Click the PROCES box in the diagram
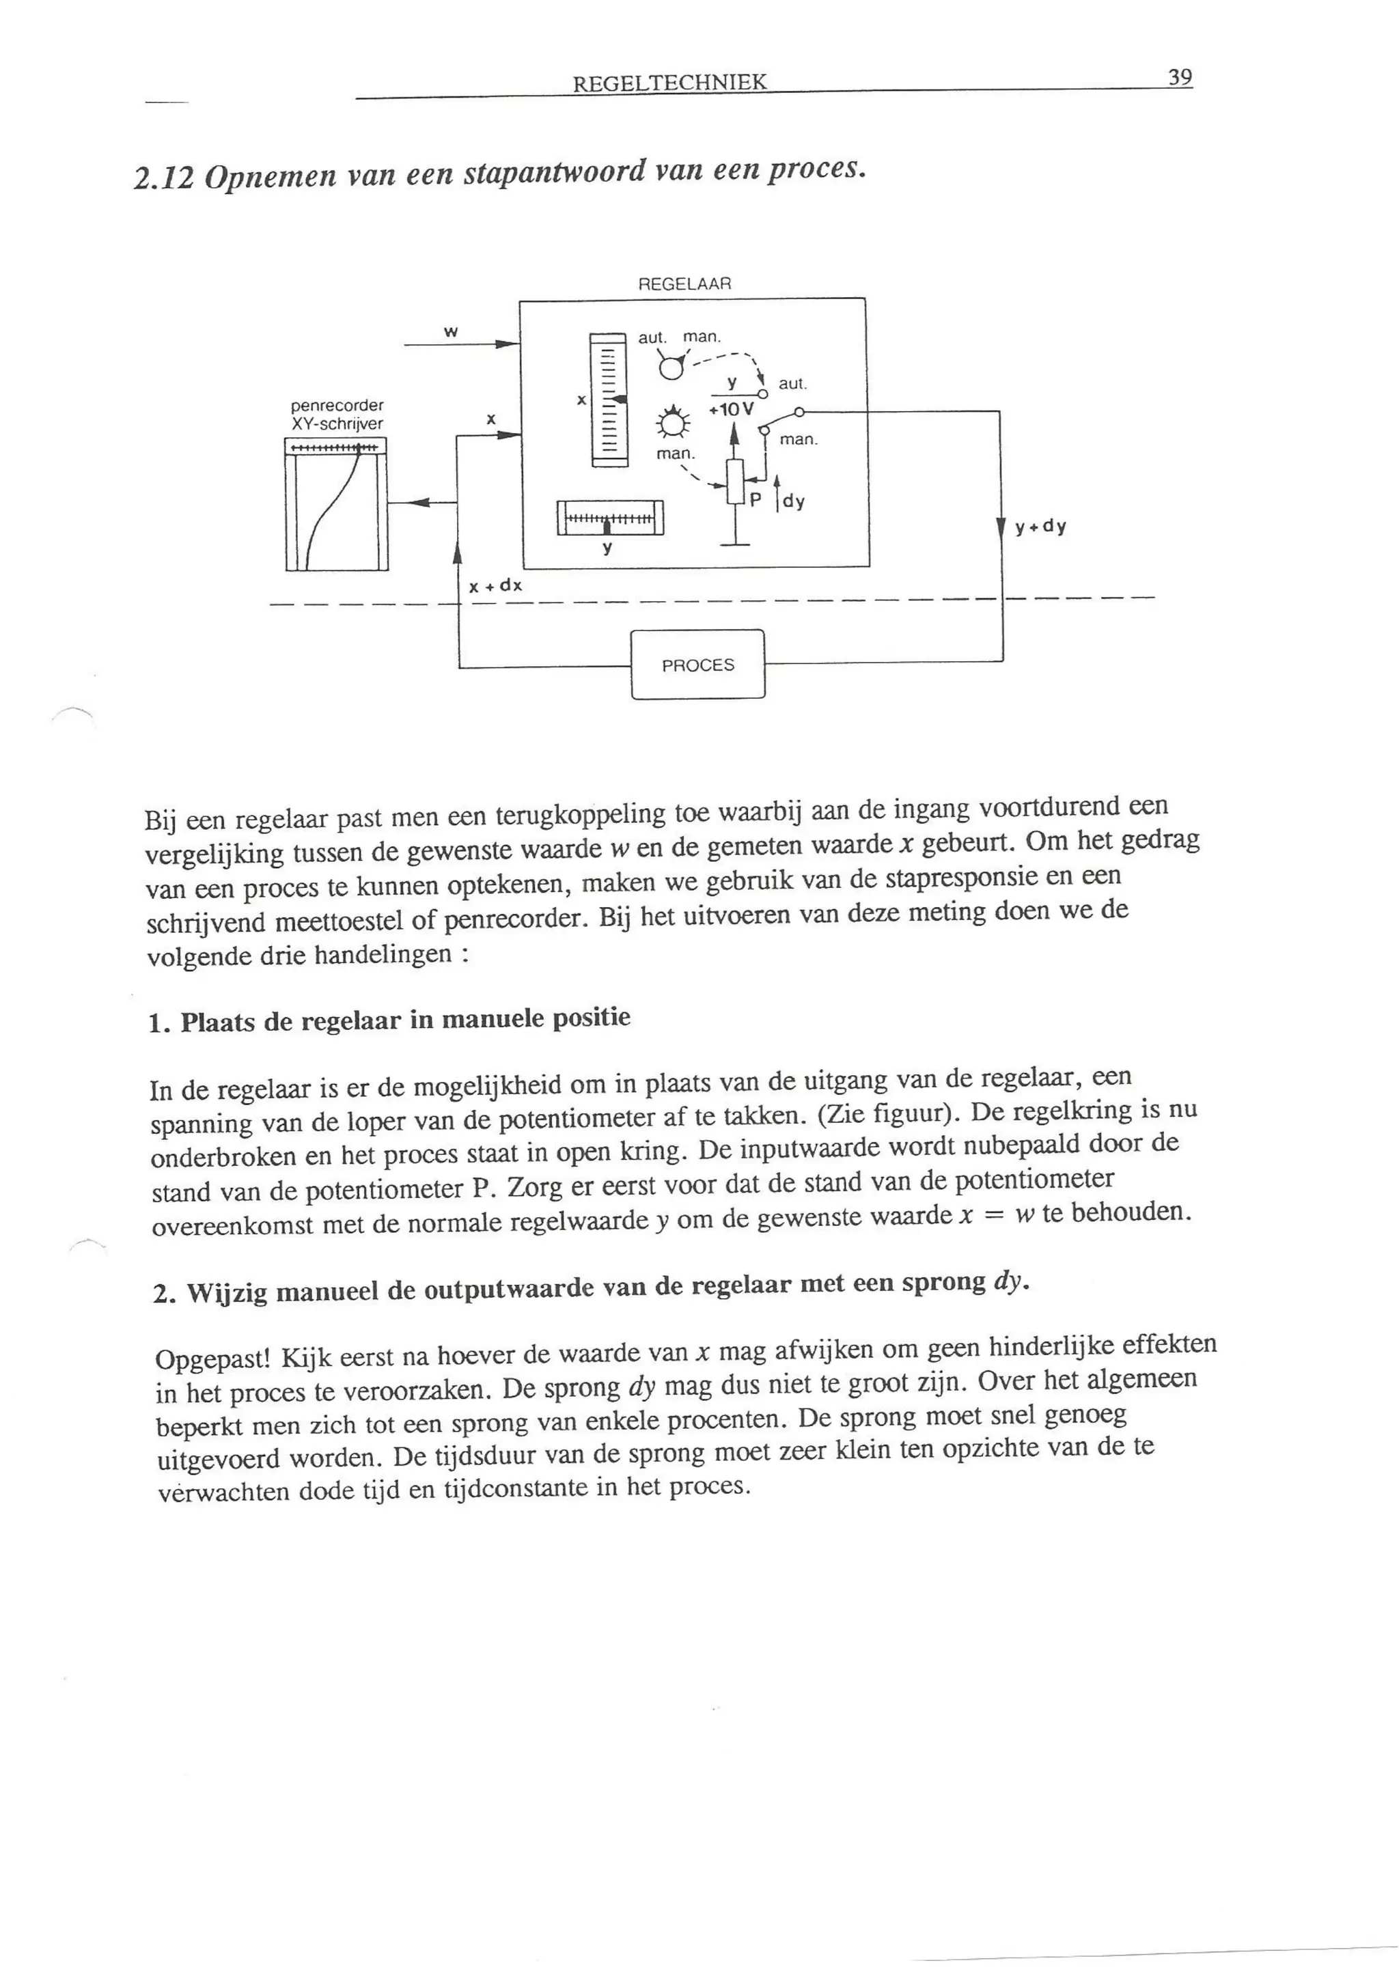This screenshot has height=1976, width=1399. [697, 665]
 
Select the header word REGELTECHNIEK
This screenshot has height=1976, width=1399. [669, 83]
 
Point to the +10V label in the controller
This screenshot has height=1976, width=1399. [730, 410]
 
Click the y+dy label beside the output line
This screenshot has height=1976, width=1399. [1040, 527]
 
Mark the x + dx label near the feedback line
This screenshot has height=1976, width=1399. [495, 587]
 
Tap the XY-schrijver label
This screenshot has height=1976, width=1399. [337, 423]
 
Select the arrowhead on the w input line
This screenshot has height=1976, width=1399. [508, 344]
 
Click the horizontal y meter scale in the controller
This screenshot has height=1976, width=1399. [611, 518]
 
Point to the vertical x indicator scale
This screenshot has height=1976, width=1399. [608, 400]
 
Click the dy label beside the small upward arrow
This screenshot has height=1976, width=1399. [793, 501]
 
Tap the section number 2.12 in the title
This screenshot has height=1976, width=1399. [164, 178]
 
